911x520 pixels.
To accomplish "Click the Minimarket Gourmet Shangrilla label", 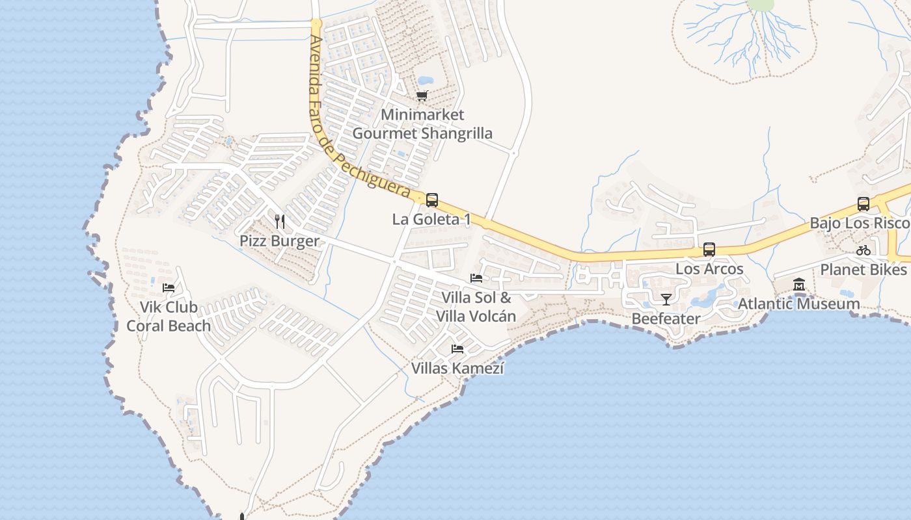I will (x=422, y=124).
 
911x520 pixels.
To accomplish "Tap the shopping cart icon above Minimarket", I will (x=422, y=96).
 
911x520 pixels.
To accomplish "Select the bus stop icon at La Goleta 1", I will (x=432, y=200).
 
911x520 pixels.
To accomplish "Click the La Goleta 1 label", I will (x=431, y=220).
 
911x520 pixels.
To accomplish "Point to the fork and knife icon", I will (x=280, y=222).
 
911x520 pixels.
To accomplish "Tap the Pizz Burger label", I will (x=280, y=241).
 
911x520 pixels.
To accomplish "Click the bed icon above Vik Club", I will (x=169, y=287).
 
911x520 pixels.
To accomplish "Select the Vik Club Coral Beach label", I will (x=169, y=317).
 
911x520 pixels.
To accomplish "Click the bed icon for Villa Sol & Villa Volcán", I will (x=476, y=278).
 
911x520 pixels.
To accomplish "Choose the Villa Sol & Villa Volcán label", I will (x=476, y=307).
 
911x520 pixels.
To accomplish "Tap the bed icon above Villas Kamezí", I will (x=457, y=349).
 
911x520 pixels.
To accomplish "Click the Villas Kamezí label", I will (x=457, y=369).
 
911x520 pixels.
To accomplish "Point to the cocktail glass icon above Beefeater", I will (x=666, y=299).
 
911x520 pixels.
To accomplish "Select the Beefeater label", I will (x=666, y=318).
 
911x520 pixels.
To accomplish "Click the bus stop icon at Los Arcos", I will (x=709, y=250).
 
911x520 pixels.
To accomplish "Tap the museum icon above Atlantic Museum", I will (x=799, y=285).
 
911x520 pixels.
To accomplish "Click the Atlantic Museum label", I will (x=799, y=304).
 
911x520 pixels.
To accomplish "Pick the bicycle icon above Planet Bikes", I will (x=863, y=250).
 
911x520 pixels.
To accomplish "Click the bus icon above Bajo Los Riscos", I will (x=863, y=204).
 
